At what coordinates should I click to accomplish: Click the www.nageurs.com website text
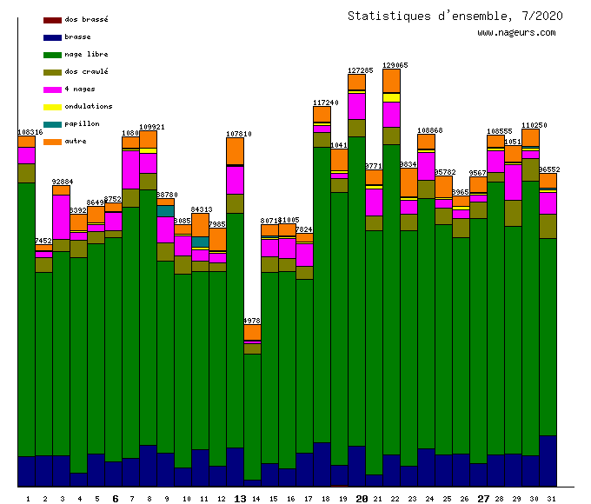pyautogui.click(x=516, y=33)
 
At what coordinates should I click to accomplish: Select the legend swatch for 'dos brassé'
pyautogui.click(x=52, y=19)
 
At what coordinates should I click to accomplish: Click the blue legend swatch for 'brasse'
pyautogui.click(x=52, y=37)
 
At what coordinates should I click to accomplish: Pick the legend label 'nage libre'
pyautogui.click(x=87, y=54)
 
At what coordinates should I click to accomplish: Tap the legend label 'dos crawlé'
pyautogui.click(x=87, y=71)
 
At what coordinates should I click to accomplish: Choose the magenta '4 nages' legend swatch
pyautogui.click(x=52, y=90)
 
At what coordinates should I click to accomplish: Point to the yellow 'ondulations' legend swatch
pyautogui.click(x=52, y=107)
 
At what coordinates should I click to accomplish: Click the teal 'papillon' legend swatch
pyautogui.click(x=52, y=124)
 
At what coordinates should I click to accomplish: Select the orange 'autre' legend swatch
pyautogui.click(x=52, y=142)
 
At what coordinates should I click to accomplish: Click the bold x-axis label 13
pyautogui.click(x=241, y=499)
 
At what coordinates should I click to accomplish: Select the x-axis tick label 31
pyautogui.click(x=548, y=499)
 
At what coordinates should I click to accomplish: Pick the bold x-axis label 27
pyautogui.click(x=484, y=499)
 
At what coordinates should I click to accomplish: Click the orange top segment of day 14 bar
pyautogui.click(x=252, y=333)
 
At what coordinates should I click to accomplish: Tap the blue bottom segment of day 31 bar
pyautogui.click(x=548, y=461)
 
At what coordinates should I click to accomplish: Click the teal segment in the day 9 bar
pyautogui.click(x=165, y=210)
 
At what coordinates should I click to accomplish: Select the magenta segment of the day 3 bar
pyautogui.click(x=61, y=217)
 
